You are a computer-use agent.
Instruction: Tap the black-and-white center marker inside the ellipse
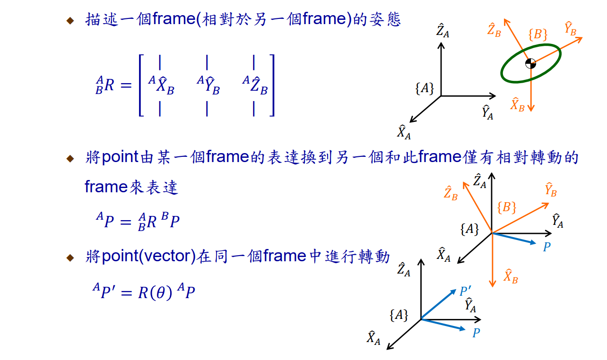click(x=530, y=63)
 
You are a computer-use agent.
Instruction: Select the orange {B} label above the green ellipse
click(x=538, y=35)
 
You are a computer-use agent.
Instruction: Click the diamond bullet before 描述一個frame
click(x=70, y=20)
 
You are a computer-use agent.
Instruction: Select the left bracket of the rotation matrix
click(x=141, y=86)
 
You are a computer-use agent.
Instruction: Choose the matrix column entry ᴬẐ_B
click(x=255, y=86)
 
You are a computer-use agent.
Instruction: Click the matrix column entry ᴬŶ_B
click(x=208, y=86)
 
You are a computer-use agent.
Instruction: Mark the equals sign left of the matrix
click(x=124, y=86)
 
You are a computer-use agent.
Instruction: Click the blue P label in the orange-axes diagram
click(x=546, y=247)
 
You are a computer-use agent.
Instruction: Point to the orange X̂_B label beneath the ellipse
click(x=517, y=104)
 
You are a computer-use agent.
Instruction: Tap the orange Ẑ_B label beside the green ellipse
click(x=494, y=30)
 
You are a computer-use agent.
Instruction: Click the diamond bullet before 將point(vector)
click(x=70, y=257)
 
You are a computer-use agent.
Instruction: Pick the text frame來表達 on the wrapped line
click(x=131, y=188)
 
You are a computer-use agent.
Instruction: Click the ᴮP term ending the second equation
click(x=171, y=221)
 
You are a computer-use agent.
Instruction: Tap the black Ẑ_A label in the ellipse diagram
click(x=442, y=32)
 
